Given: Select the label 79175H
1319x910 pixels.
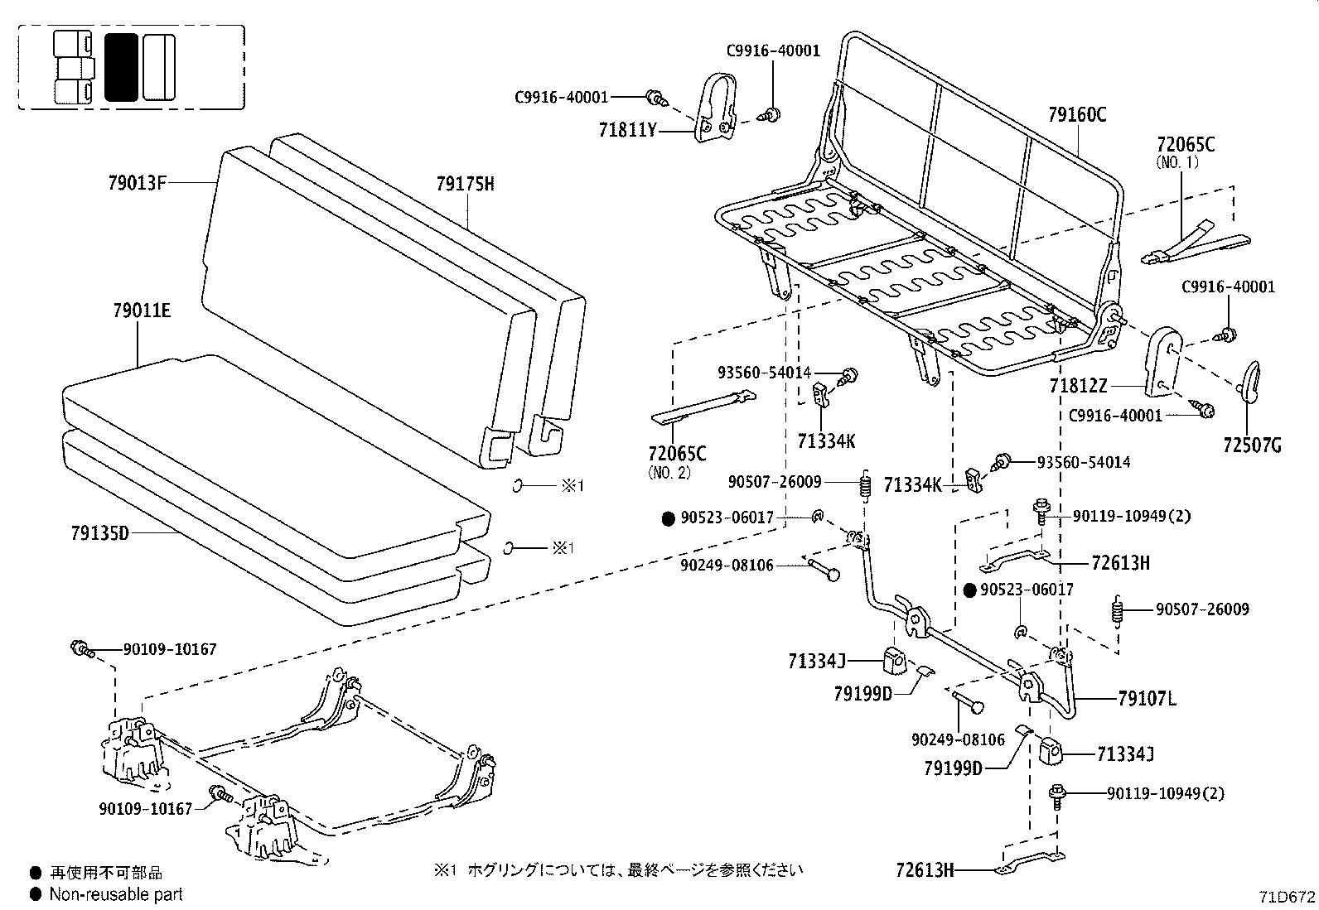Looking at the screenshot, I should [465, 184].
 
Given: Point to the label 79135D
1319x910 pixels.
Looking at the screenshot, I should [99, 532].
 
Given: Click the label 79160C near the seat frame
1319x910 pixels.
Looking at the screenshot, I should [1077, 115].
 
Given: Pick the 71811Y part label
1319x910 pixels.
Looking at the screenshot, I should [626, 130].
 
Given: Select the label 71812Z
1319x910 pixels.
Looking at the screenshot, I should [1078, 387].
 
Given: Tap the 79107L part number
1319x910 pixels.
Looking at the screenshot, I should [1147, 700].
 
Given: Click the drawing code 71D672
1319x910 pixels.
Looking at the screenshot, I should [1286, 898].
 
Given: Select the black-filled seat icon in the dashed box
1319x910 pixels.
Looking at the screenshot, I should [122, 67].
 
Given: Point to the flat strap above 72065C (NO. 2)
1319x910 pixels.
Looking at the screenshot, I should [704, 407].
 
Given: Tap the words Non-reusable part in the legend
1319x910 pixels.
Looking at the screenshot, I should [116, 894].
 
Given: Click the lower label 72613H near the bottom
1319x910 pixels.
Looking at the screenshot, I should [925, 870].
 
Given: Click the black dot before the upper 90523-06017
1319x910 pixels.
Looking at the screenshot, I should [669, 519].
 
